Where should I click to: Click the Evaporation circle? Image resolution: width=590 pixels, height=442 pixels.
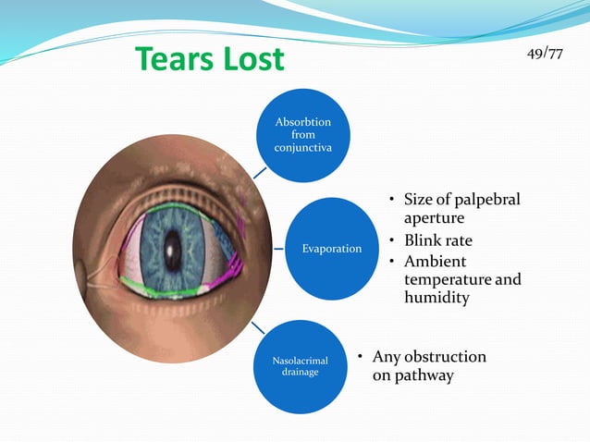(x=330, y=249)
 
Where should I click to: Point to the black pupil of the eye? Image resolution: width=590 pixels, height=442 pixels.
(x=172, y=248)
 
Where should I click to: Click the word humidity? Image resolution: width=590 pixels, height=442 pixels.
(x=437, y=299)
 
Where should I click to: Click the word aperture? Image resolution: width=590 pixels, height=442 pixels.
(x=434, y=220)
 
